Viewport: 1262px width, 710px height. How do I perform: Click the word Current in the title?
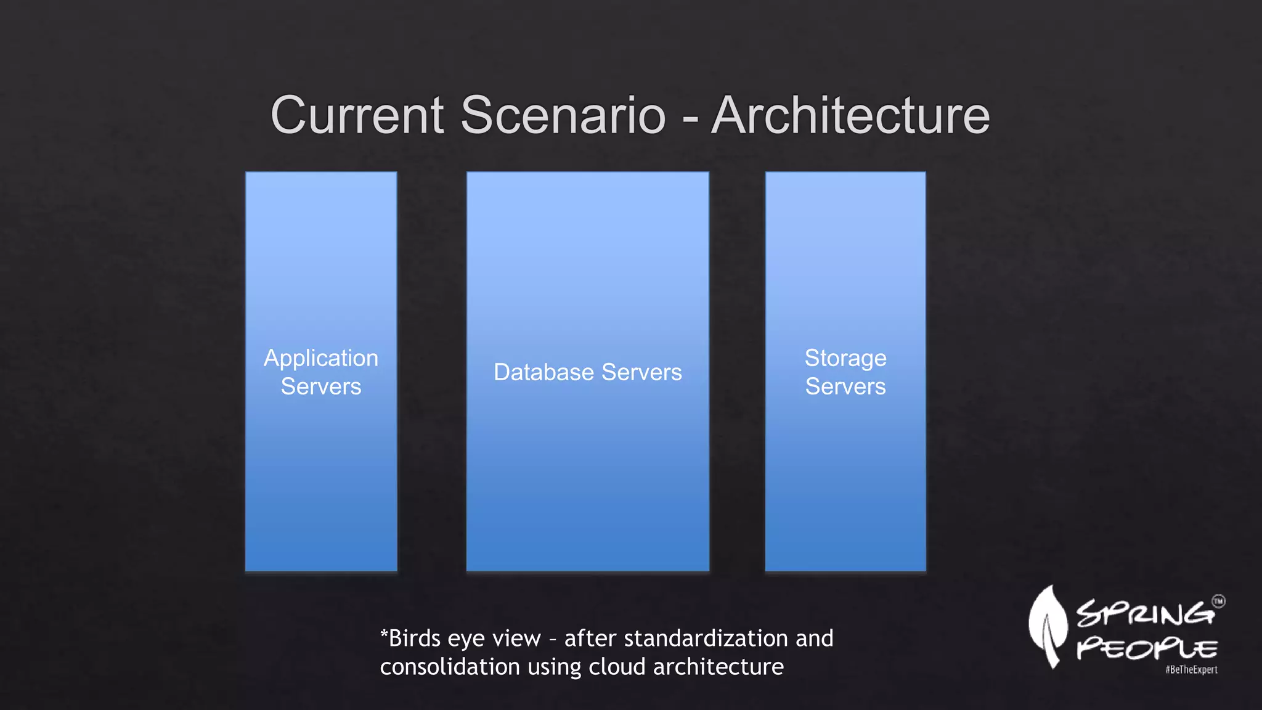pyautogui.click(x=357, y=115)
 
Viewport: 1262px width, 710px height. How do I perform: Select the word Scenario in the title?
pyautogui.click(x=563, y=115)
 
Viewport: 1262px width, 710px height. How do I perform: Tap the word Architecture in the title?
pyautogui.click(x=850, y=115)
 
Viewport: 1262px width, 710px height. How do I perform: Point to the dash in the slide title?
pyautogui.click(x=690, y=117)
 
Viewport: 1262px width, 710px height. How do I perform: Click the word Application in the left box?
pyautogui.click(x=321, y=359)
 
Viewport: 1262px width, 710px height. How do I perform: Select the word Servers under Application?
pyautogui.click(x=321, y=386)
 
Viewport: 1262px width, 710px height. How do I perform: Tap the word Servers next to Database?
pyautogui.click(x=641, y=372)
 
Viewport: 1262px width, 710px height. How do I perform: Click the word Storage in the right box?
pyautogui.click(x=845, y=358)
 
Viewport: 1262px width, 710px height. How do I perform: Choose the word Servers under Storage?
pyautogui.click(x=845, y=386)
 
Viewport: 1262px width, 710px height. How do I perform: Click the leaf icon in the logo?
pyautogui.click(x=1048, y=626)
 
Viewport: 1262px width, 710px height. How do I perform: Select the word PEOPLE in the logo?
pyautogui.click(x=1147, y=649)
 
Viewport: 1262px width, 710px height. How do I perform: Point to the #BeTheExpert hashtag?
pyautogui.click(x=1191, y=670)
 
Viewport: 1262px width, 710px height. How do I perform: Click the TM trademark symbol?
pyautogui.click(x=1218, y=602)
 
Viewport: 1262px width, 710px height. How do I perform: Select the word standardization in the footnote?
pyautogui.click(x=706, y=639)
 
